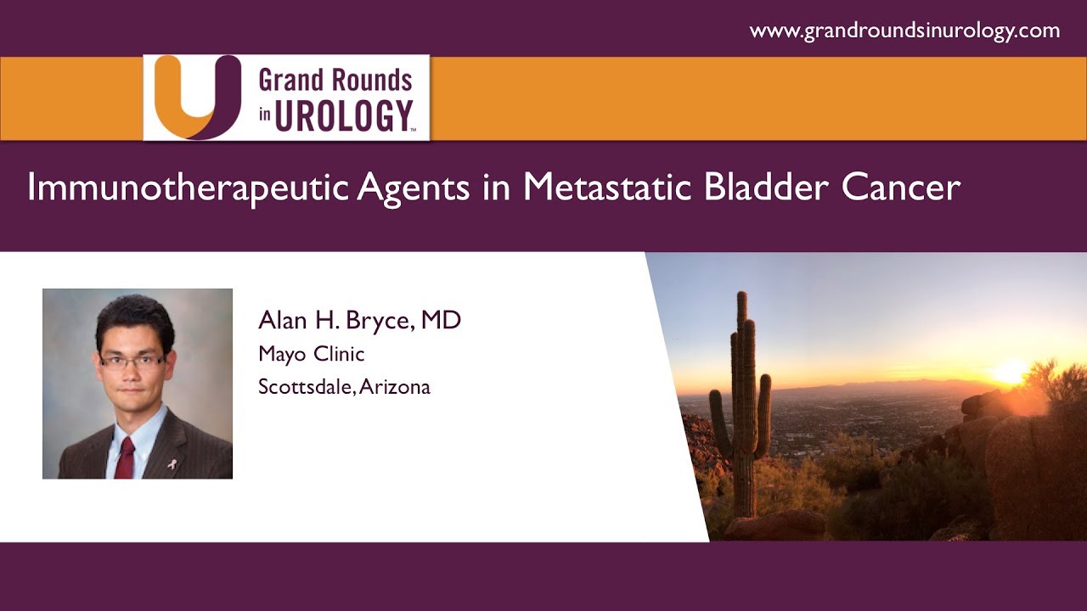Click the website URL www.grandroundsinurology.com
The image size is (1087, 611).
pos(904,31)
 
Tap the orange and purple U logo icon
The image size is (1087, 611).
pos(186,97)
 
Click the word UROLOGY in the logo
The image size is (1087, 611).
pos(343,116)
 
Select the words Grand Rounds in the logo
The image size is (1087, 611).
pos(335,81)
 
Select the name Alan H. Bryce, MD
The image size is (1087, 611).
pos(359,321)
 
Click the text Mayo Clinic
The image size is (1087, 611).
pos(311,354)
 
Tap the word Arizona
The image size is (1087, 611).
pos(396,387)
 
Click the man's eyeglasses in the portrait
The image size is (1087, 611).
pos(132,361)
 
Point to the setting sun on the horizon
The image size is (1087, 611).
pos(1009,372)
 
